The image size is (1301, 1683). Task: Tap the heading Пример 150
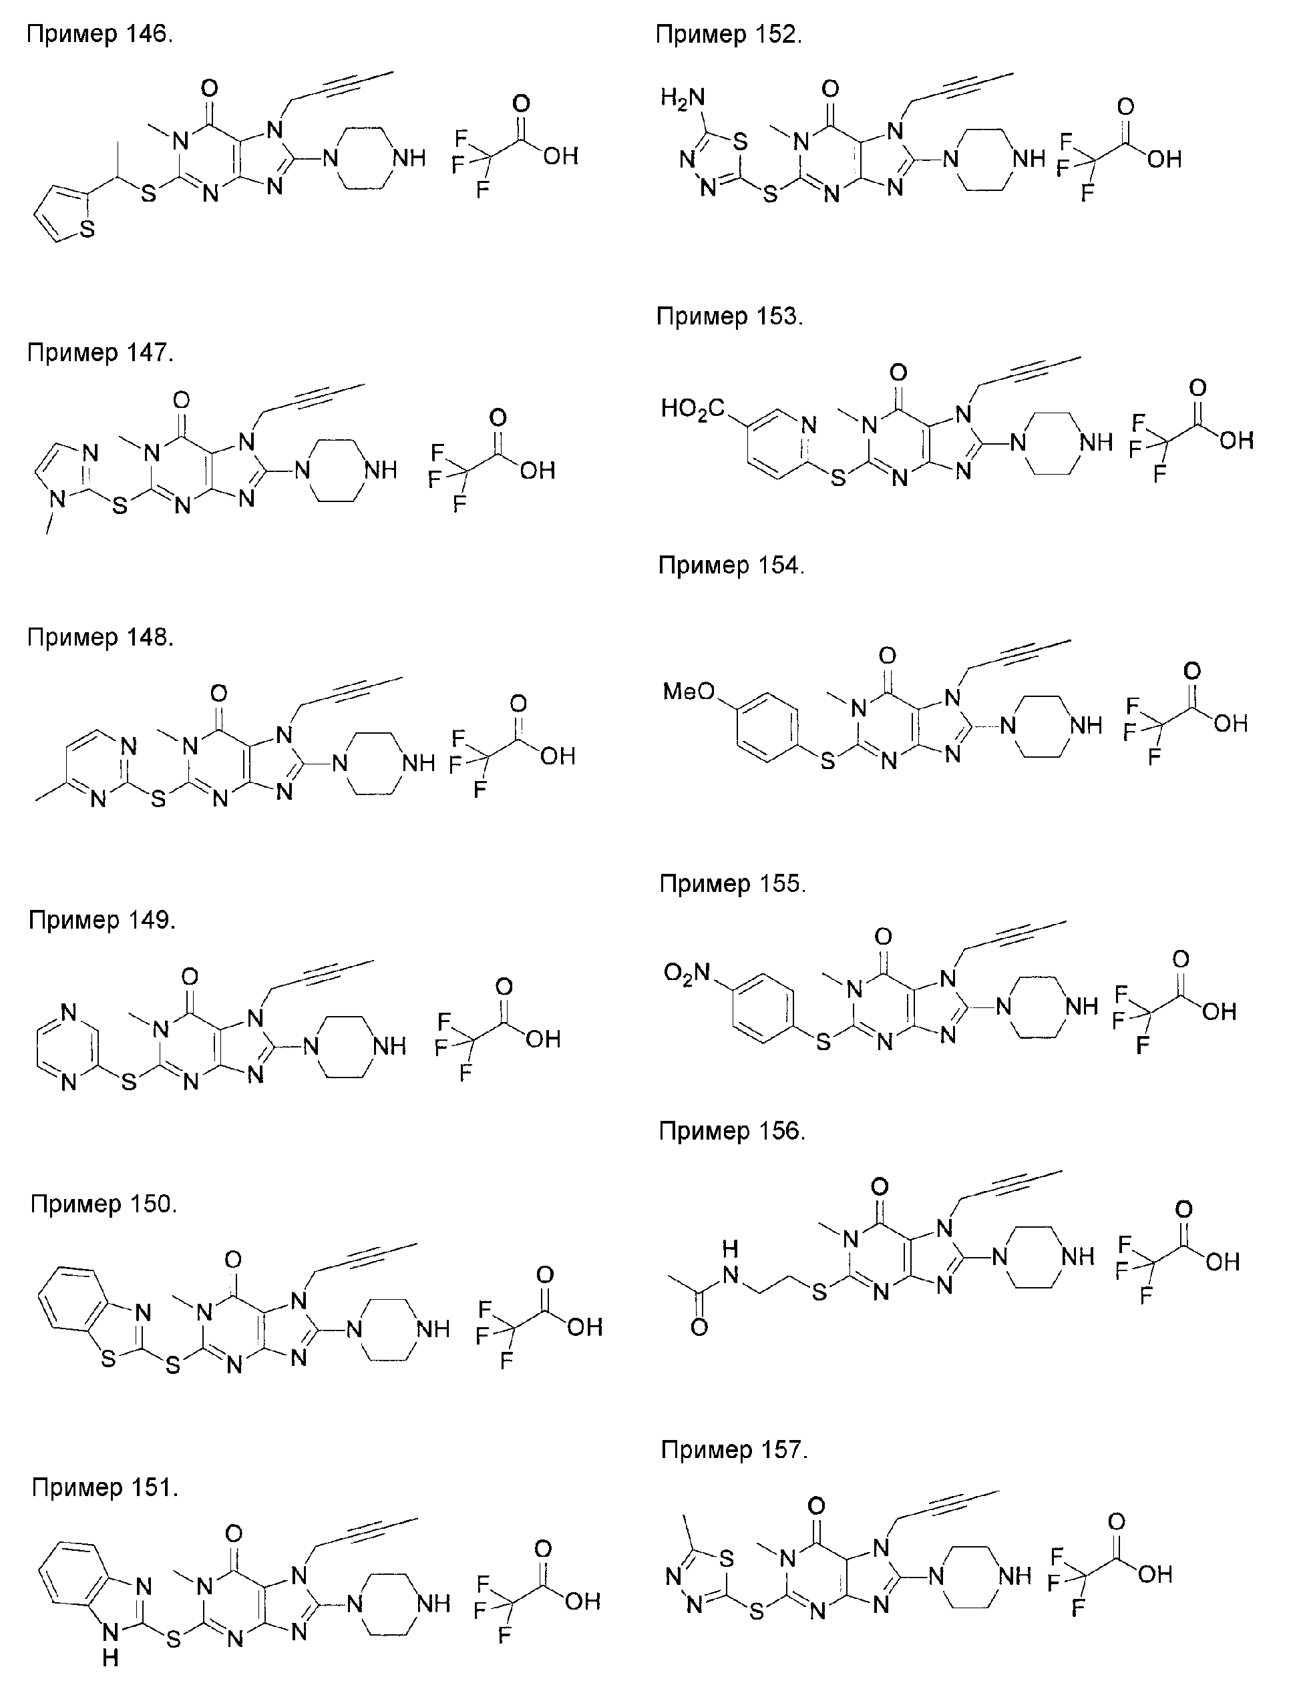tap(104, 1203)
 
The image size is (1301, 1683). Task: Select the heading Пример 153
tap(729, 316)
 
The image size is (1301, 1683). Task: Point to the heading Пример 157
tap(734, 1449)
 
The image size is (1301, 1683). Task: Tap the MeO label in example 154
tap(689, 691)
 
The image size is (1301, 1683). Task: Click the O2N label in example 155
tap(687, 974)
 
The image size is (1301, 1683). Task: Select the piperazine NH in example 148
tap(419, 763)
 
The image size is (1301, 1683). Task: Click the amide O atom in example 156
tap(699, 1327)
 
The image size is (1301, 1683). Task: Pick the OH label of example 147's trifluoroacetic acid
tap(537, 471)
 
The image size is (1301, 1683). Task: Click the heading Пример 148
tap(100, 638)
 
